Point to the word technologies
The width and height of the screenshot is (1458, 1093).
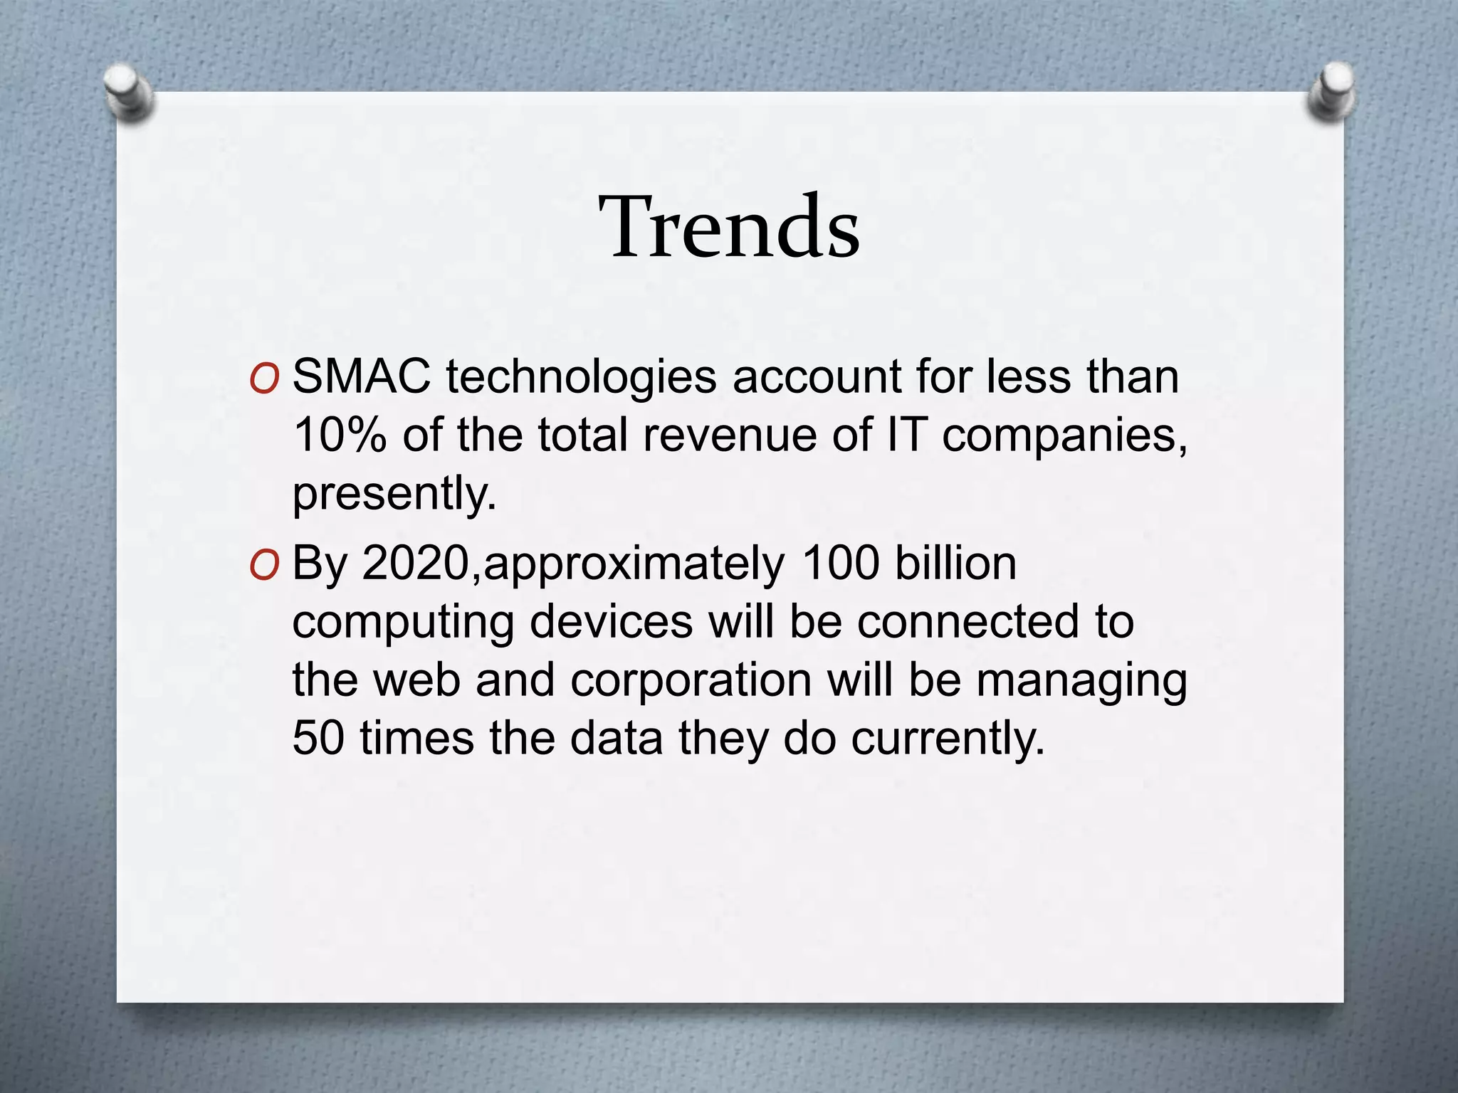point(580,377)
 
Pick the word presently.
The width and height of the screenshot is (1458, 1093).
point(394,494)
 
